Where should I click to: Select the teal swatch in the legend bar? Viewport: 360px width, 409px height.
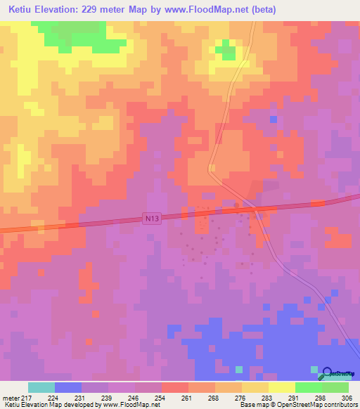coord(41,387)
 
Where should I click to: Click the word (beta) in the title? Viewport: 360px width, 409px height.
coord(260,10)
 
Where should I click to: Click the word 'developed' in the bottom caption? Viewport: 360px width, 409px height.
coord(88,405)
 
